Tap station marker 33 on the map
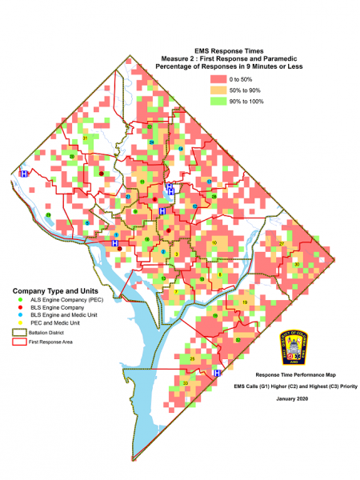pyautogui.click(x=186, y=384)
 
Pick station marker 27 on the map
pyautogui.click(x=282, y=244)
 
